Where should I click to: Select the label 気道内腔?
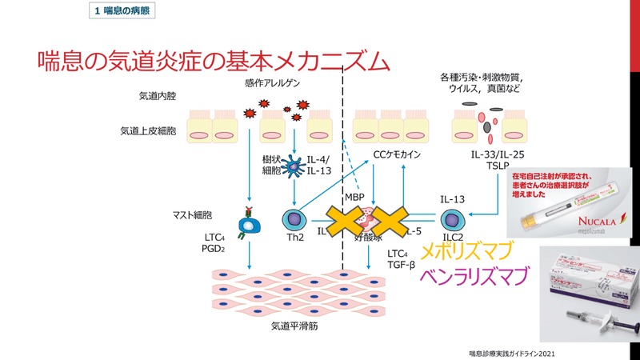coord(157,96)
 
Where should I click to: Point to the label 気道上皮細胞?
coord(147,130)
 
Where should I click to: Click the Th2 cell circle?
coord(295,219)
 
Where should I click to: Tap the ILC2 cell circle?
coord(453,220)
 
